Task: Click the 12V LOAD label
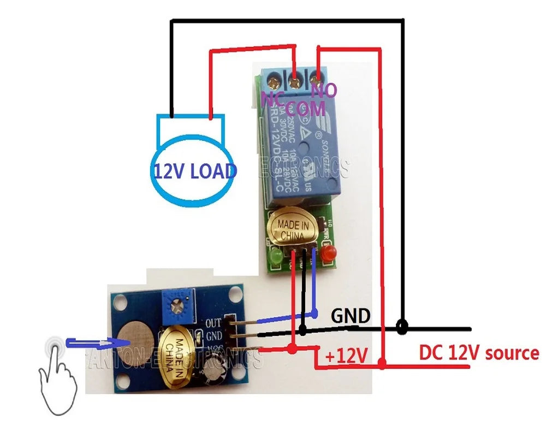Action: (194, 171)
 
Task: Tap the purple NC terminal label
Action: (271, 98)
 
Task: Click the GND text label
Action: (351, 316)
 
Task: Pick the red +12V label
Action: (345, 356)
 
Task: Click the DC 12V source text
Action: (479, 353)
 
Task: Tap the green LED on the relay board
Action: (275, 257)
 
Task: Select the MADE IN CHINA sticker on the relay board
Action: (294, 230)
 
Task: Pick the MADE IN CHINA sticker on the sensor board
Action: (176, 356)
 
